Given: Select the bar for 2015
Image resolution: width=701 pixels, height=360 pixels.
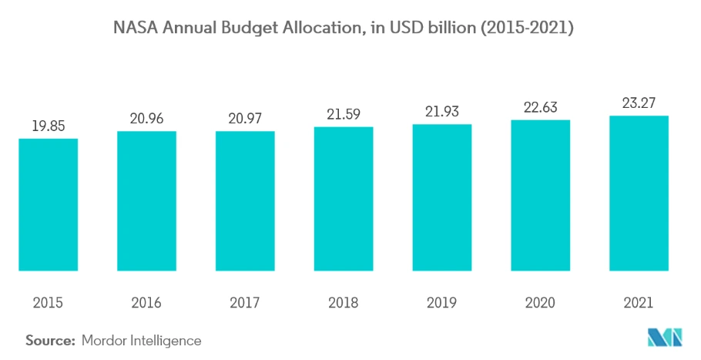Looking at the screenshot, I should [x=49, y=204].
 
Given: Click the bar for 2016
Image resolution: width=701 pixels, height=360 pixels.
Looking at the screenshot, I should [x=146, y=200].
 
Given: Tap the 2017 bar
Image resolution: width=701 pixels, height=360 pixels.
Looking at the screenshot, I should [x=245, y=200].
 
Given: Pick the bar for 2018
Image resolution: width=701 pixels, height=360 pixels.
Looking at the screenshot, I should [x=344, y=199].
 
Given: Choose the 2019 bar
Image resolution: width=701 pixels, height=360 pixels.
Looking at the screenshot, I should [x=441, y=197].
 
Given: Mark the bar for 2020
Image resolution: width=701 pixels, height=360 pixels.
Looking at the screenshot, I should [x=540, y=195].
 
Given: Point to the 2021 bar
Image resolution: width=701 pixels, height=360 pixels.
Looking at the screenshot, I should [x=639, y=193].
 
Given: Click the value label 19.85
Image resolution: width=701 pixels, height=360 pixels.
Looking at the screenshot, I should [x=49, y=126].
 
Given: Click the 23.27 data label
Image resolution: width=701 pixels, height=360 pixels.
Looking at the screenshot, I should [x=639, y=103].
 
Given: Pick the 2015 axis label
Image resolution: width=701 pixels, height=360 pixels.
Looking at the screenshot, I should [x=49, y=303].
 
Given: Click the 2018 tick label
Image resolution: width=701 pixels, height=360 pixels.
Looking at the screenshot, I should [x=344, y=303].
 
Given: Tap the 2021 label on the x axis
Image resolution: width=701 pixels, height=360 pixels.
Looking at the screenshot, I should [x=639, y=303].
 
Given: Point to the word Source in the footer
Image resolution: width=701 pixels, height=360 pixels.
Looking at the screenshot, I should [x=50, y=340].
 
